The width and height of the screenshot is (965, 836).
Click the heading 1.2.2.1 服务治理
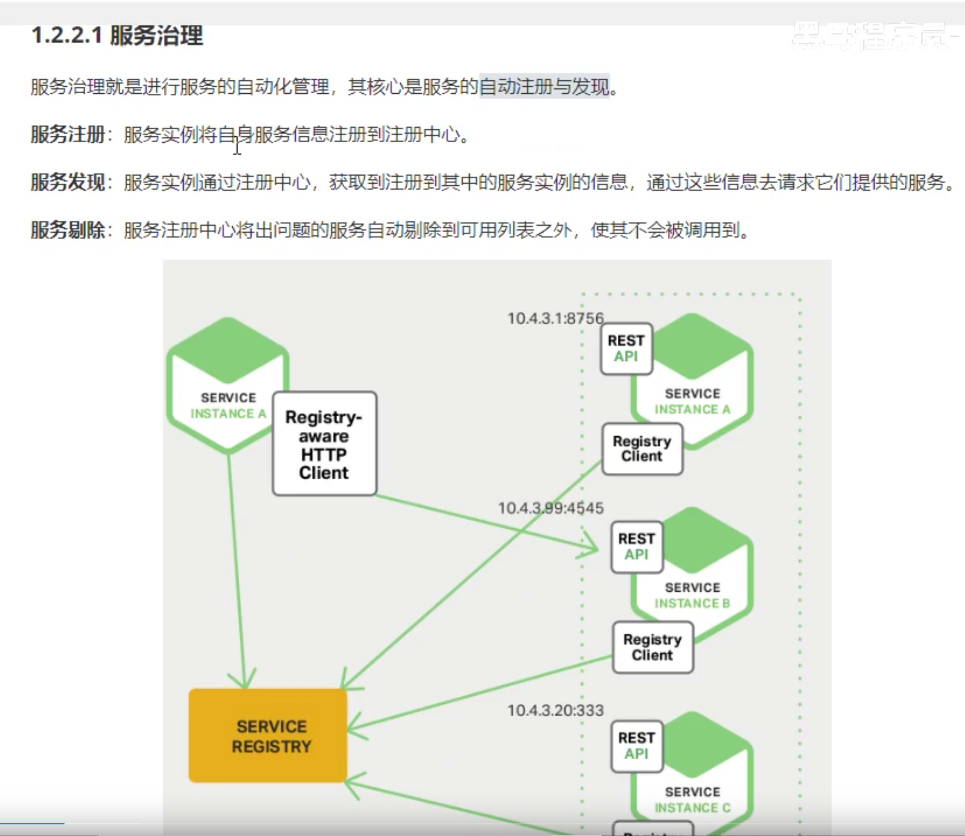[x=117, y=36]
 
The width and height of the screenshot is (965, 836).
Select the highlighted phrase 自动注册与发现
[x=544, y=86]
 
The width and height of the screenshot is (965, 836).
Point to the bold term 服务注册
[x=68, y=134]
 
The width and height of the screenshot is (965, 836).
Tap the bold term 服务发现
[x=68, y=182]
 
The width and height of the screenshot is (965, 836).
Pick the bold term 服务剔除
[x=68, y=230]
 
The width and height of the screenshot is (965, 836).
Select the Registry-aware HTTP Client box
[x=324, y=444]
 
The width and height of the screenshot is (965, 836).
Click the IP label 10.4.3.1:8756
[x=555, y=318]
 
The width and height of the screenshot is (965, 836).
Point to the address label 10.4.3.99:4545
[x=551, y=508]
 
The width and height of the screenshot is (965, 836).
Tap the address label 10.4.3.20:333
[x=555, y=710]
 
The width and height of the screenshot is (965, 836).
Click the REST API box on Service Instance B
[x=637, y=547]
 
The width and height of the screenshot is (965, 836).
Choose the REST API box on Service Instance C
[x=637, y=746]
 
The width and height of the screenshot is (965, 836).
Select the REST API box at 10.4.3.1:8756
[x=626, y=348]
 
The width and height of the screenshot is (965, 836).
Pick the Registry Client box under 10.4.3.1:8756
[x=642, y=449]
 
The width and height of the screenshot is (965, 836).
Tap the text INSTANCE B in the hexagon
[x=692, y=603]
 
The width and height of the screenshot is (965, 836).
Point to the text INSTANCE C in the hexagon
[x=692, y=807]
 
